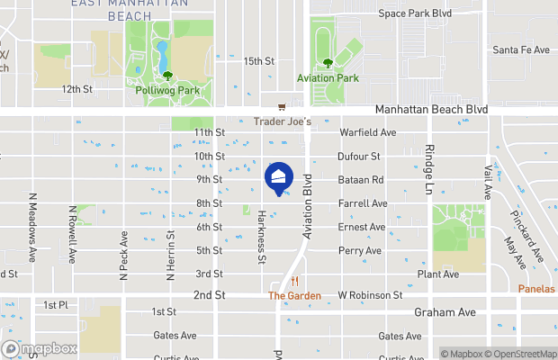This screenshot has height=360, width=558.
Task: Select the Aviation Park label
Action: coord(328,78)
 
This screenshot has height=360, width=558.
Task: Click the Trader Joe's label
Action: coord(282,121)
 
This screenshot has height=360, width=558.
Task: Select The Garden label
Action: coord(288,295)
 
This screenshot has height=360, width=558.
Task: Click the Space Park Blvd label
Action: coord(414,13)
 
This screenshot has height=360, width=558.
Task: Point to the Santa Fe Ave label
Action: coord(520,50)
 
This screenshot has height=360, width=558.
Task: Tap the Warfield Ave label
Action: coord(367,132)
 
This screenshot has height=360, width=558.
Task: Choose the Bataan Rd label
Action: coord(361,180)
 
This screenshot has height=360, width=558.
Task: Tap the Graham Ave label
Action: coord(444,313)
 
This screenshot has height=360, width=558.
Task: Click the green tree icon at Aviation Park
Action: coord(328,63)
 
